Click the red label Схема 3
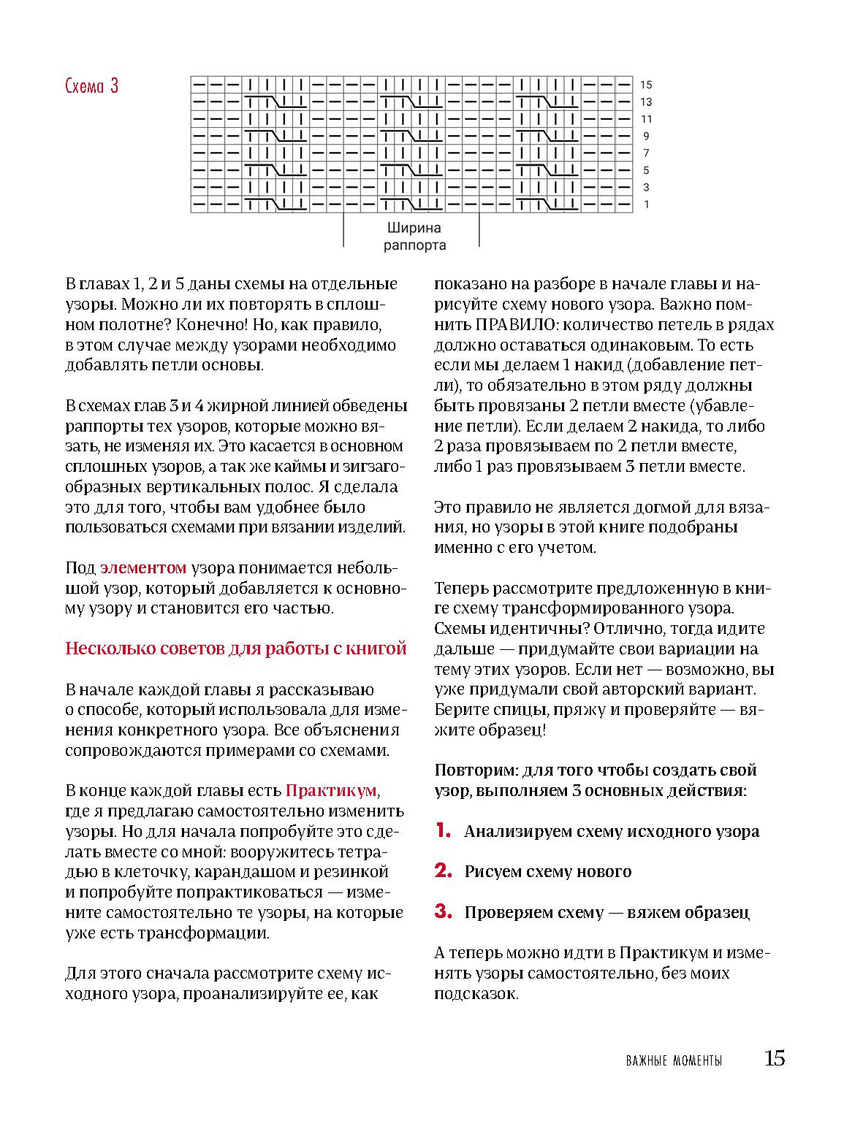91,86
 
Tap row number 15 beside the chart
646,85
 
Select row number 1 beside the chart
647,204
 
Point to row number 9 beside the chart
646,136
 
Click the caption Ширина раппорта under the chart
414,236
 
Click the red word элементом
143,567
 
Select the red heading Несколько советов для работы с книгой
236,649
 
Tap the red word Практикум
332,790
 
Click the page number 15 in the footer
775,1058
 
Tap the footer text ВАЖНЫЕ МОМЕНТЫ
674,1061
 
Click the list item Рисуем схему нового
547,871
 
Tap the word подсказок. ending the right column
476,993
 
